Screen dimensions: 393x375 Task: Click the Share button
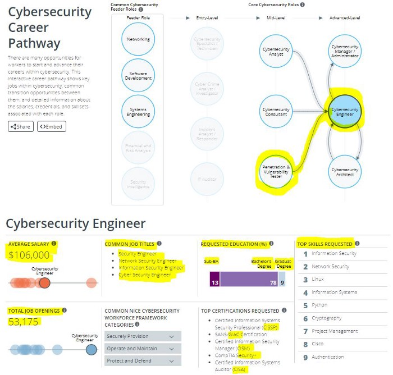click(21, 126)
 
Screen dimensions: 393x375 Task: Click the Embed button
click(51, 126)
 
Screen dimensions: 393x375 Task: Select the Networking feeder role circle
click(138, 39)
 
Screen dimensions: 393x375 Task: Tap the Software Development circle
click(138, 76)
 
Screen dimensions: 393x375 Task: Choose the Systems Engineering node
click(138, 112)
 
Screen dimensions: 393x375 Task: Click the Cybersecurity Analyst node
click(276, 52)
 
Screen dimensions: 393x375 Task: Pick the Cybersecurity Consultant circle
click(276, 112)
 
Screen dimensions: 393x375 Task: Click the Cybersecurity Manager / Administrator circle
click(345, 52)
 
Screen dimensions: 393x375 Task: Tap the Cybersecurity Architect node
click(345, 171)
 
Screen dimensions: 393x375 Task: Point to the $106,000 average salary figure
click(29, 255)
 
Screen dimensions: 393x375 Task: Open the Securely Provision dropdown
click(143, 336)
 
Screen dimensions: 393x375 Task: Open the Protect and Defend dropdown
click(143, 361)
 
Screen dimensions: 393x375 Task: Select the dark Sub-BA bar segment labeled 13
click(213, 279)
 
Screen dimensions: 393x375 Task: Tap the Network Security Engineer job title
click(147, 261)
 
